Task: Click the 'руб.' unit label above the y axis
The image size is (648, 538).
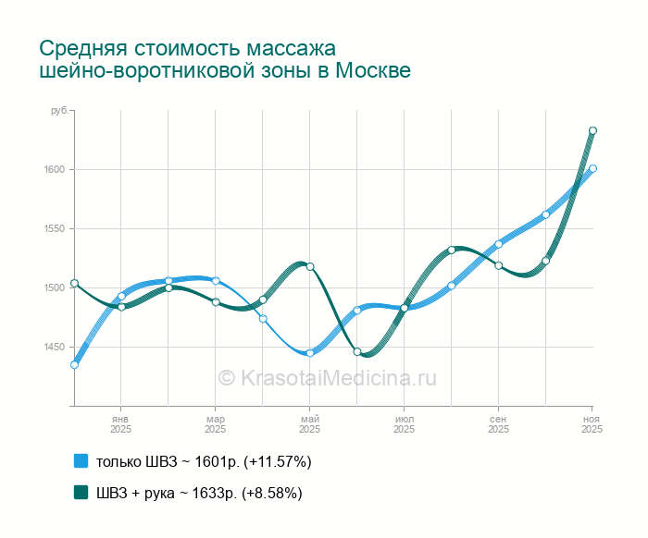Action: [x=58, y=111]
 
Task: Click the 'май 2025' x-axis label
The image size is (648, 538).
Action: [x=309, y=424]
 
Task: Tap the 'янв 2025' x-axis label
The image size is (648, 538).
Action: [x=120, y=424]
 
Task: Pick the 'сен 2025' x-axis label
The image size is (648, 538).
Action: [x=498, y=424]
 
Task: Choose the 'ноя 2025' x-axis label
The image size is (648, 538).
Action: [x=592, y=424]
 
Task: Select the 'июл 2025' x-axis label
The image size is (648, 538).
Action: [x=404, y=424]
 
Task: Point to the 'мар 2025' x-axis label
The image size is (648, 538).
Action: [x=215, y=424]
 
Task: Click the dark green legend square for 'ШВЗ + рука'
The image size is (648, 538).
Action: [x=81, y=493]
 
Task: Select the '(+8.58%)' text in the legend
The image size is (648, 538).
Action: [x=271, y=493]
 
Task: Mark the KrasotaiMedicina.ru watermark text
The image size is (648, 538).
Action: [x=327, y=377]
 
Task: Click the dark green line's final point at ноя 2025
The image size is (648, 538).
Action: [x=592, y=130]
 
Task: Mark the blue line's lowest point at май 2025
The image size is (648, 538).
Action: [x=309, y=353]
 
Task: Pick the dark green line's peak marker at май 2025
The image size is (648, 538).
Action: [x=310, y=267]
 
